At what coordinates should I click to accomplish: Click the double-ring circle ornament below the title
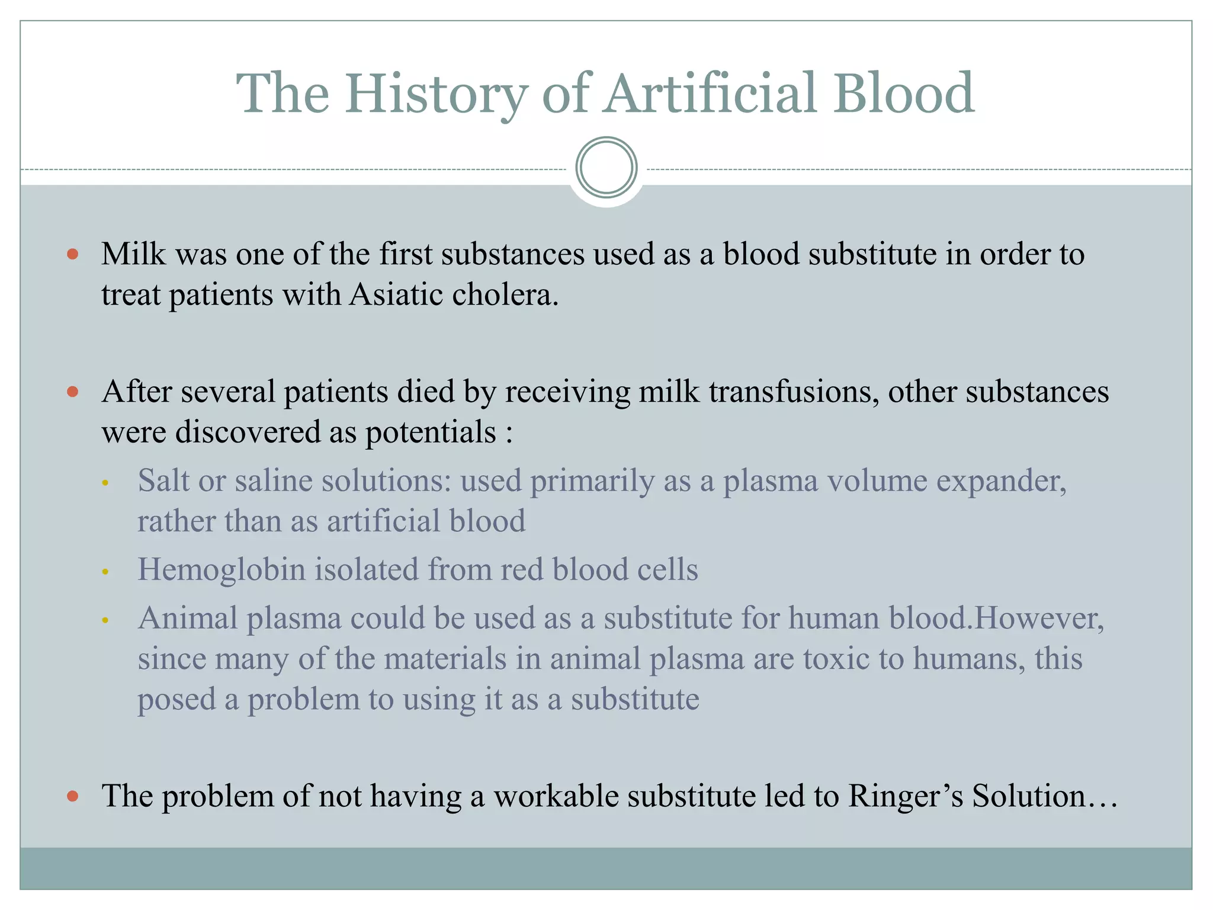click(x=606, y=168)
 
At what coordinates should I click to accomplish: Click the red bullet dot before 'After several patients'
click(x=73, y=392)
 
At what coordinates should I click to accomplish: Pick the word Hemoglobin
click(x=221, y=570)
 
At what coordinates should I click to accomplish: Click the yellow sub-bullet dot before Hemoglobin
click(x=105, y=572)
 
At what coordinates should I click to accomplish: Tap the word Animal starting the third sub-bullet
click(x=188, y=618)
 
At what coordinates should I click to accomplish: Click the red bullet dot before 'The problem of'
click(x=73, y=796)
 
